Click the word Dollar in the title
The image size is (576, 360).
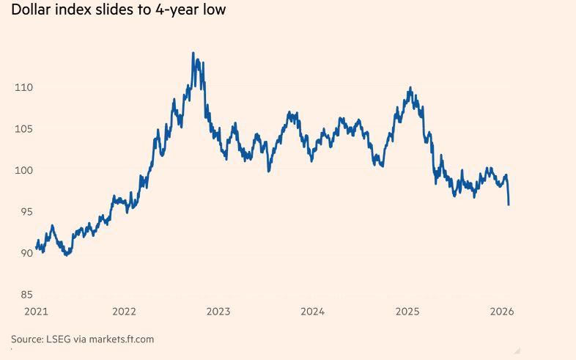pyautogui.click(x=30, y=10)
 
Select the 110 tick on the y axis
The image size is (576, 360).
pyautogui.click(x=23, y=87)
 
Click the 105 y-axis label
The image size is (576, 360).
pyautogui.click(x=23, y=129)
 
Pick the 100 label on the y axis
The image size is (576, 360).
pyautogui.click(x=23, y=170)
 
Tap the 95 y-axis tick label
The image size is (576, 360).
pyautogui.click(x=26, y=212)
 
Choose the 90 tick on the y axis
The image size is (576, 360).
pyautogui.click(x=26, y=253)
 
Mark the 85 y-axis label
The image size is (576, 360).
pyautogui.click(x=26, y=295)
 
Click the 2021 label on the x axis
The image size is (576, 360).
pyautogui.click(x=36, y=311)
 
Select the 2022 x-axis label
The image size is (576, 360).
pyautogui.click(x=125, y=311)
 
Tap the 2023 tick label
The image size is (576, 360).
pyautogui.click(x=218, y=311)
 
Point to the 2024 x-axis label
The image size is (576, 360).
pyautogui.click(x=312, y=311)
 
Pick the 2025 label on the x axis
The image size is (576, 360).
pyautogui.click(x=407, y=311)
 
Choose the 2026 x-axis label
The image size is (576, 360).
pyautogui.click(x=502, y=311)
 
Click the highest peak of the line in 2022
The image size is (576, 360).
pyautogui.click(x=193, y=53)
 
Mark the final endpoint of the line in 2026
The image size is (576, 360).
pyautogui.click(x=509, y=205)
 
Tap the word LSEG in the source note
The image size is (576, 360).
pyautogui.click(x=59, y=339)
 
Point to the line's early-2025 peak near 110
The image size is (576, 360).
pyautogui.click(x=410, y=88)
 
